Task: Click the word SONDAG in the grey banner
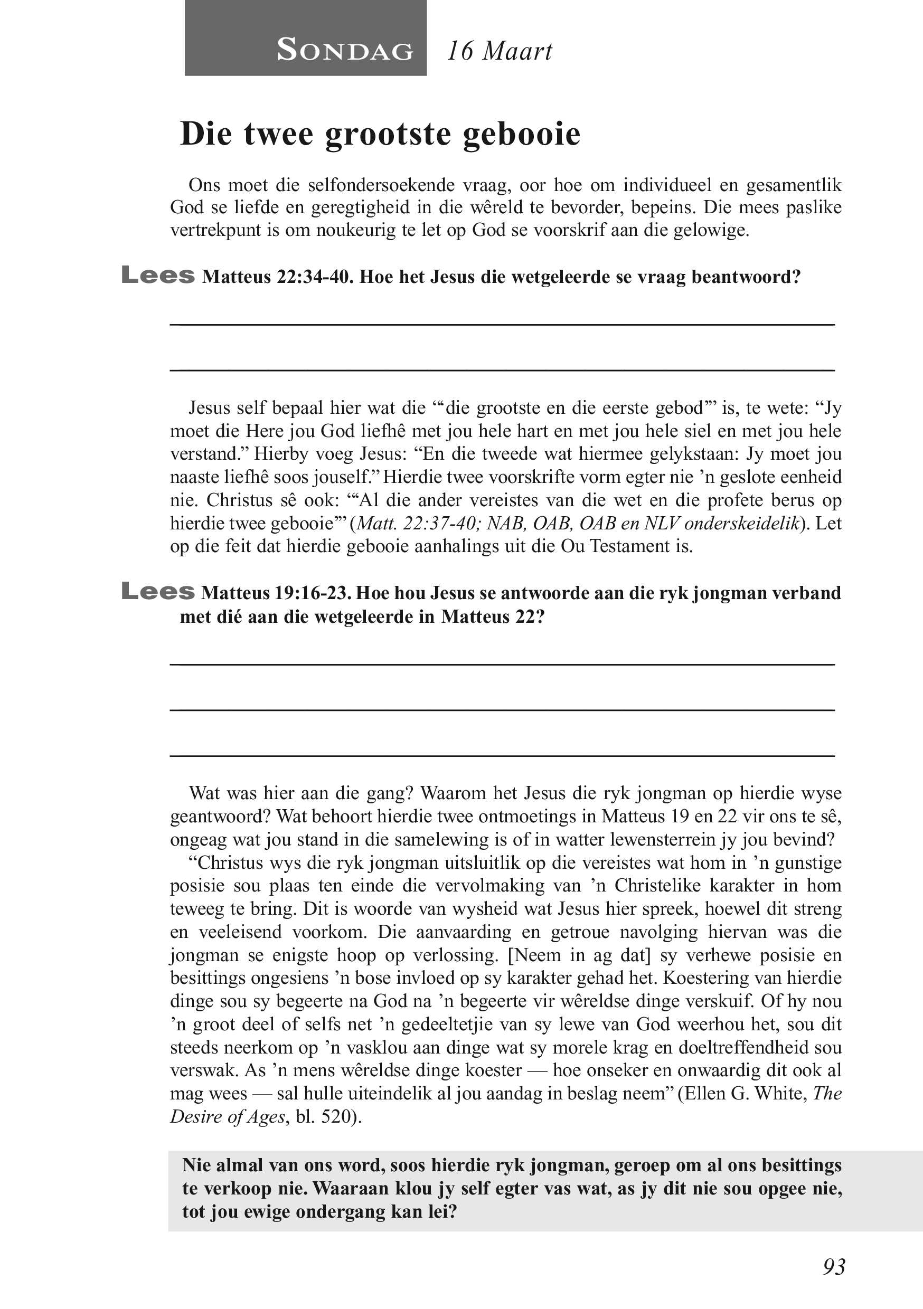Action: tap(345, 50)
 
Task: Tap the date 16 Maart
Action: tap(499, 51)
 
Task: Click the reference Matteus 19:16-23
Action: tap(276, 593)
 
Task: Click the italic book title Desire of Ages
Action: tap(228, 1116)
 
